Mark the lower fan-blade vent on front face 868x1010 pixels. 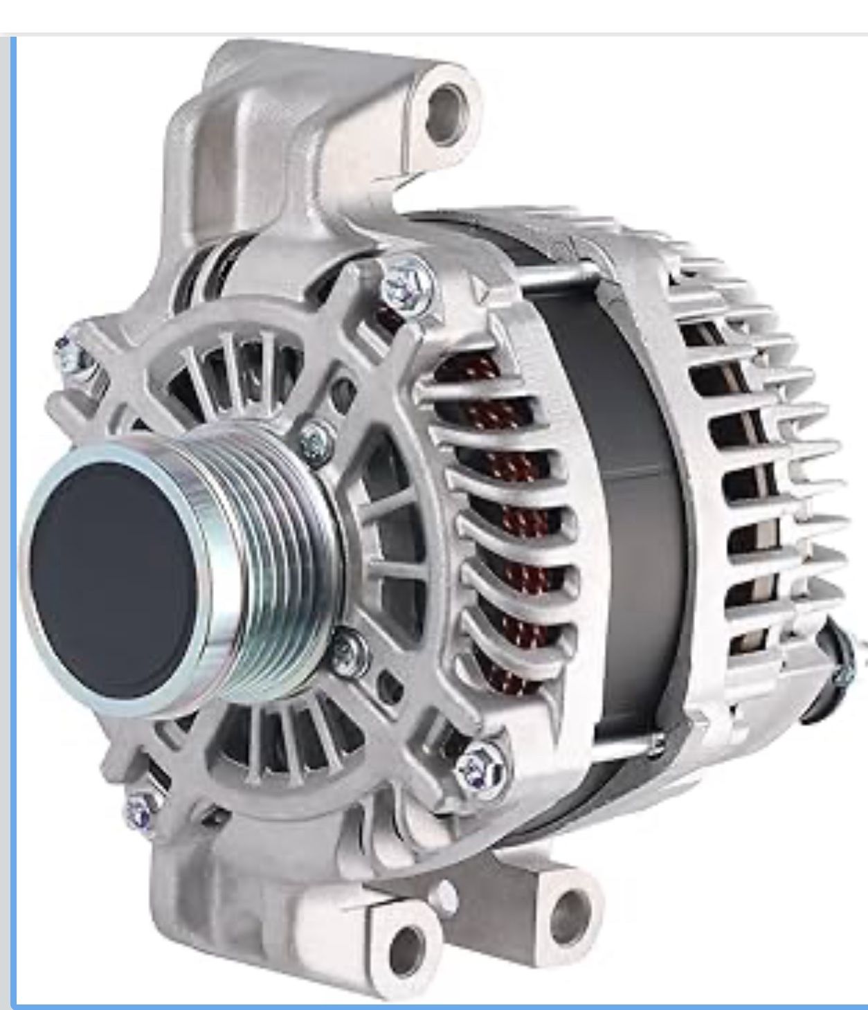tap(291, 734)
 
